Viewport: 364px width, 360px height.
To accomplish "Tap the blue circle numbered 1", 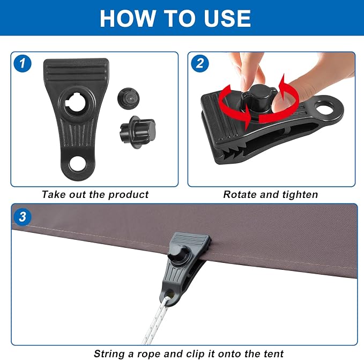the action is pos(23,63).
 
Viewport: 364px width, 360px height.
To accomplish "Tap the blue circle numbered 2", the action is pos(200,63).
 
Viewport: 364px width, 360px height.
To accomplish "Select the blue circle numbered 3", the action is pos(23,217).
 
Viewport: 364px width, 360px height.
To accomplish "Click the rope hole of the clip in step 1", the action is pos(78,164).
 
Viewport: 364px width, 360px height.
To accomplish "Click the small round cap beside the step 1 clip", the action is pos(128,98).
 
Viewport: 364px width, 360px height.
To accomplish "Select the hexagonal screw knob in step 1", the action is pos(138,132).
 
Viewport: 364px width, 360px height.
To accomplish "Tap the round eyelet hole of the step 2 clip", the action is pos(324,107).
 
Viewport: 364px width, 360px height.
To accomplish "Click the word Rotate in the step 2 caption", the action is pos(240,194).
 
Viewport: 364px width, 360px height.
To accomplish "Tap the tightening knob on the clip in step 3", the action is pos(177,255).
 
